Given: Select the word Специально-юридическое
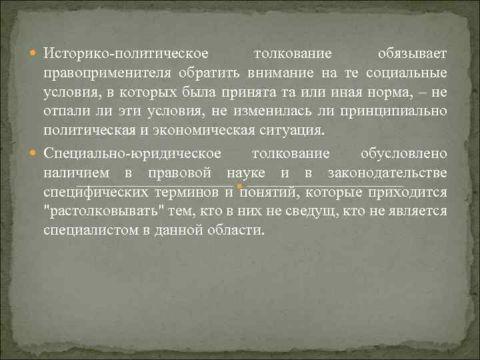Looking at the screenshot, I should [132, 154].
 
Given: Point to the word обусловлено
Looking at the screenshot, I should [404, 154].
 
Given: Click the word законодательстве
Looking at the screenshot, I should [388, 173].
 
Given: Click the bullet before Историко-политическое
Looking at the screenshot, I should [35, 53].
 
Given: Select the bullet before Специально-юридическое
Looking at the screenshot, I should [35, 155].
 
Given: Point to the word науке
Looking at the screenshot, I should [246, 173].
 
